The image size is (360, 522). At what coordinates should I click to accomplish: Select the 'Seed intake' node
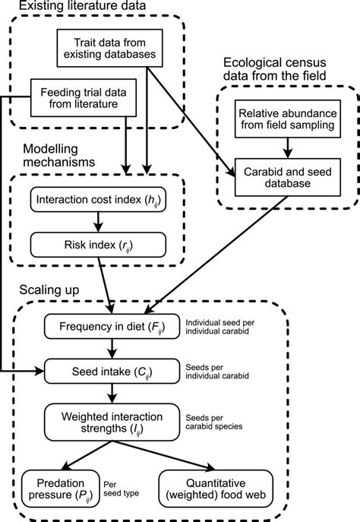pyautogui.click(x=112, y=371)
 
